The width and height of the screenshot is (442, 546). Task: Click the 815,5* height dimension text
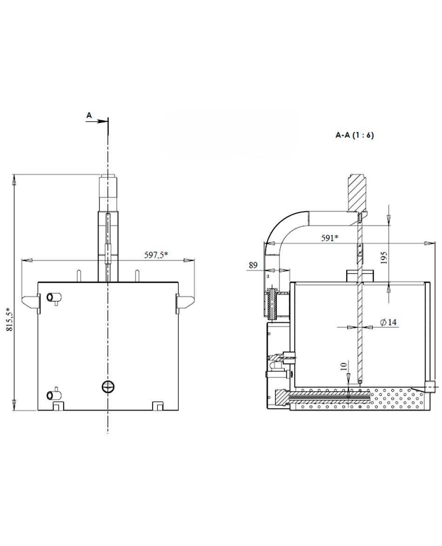click(x=10, y=319)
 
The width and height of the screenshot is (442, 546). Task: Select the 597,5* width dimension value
click(x=156, y=255)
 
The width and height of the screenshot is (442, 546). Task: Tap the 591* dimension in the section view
click(x=330, y=238)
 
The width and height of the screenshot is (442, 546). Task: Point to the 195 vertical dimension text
click(x=383, y=257)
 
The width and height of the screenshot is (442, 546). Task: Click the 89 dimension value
click(x=253, y=265)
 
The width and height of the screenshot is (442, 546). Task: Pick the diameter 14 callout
click(x=388, y=322)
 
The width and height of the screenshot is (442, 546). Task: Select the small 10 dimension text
click(x=343, y=366)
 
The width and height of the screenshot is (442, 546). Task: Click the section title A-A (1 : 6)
click(x=355, y=135)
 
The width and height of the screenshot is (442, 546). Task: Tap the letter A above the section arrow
click(x=89, y=115)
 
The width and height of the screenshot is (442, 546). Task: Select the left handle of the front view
click(x=31, y=301)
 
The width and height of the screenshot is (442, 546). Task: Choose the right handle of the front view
click(x=185, y=301)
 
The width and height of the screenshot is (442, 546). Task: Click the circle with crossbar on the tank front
click(x=108, y=387)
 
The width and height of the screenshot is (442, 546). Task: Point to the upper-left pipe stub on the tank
click(x=54, y=298)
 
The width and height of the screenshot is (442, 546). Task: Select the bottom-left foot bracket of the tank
click(x=58, y=406)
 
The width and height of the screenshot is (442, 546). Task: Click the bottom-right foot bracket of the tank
click(x=158, y=406)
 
